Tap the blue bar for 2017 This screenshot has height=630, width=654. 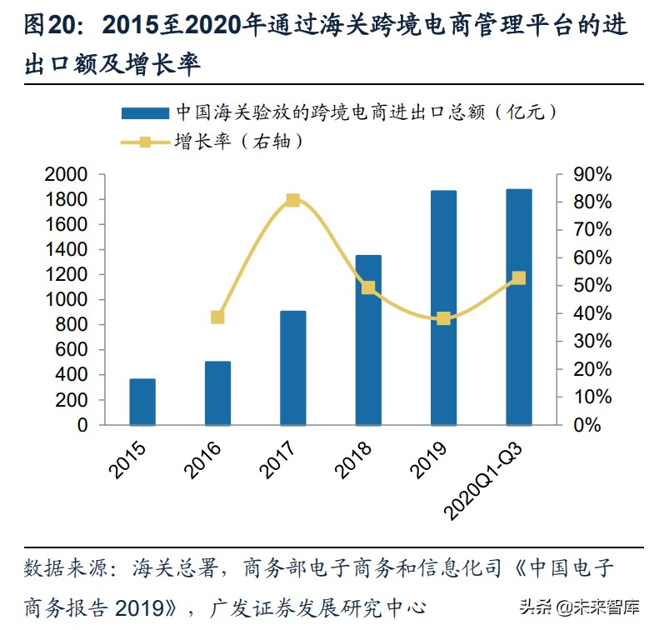coord(292,367)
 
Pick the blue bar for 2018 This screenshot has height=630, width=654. coord(368,340)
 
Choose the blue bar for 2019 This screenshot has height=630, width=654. coord(443,307)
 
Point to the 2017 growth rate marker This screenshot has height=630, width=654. coord(292,200)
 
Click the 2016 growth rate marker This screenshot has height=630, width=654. coord(217,317)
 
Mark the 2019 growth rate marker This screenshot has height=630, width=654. coord(443,318)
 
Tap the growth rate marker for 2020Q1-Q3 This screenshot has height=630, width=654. coord(518,277)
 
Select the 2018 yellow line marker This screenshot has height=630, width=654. coord(368,287)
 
